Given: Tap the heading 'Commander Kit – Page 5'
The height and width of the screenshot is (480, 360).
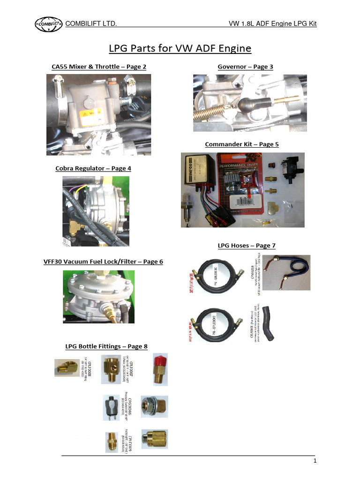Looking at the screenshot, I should pos(242,144).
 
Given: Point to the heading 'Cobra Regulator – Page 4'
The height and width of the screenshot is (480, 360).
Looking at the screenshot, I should pos(93,168).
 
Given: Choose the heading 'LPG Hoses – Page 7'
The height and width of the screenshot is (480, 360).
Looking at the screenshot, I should pos(246,245).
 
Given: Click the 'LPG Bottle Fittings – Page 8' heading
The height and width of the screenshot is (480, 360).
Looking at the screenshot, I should pos(106,346).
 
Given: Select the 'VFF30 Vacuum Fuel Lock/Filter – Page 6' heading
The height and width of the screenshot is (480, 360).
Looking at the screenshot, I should pos(103,262).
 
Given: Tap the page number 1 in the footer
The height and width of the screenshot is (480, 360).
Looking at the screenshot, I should pos(315,461).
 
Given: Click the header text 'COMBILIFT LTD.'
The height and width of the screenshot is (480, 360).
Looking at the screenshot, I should pos(91,24).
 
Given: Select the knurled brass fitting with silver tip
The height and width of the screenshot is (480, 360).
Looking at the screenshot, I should pos(154,438).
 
